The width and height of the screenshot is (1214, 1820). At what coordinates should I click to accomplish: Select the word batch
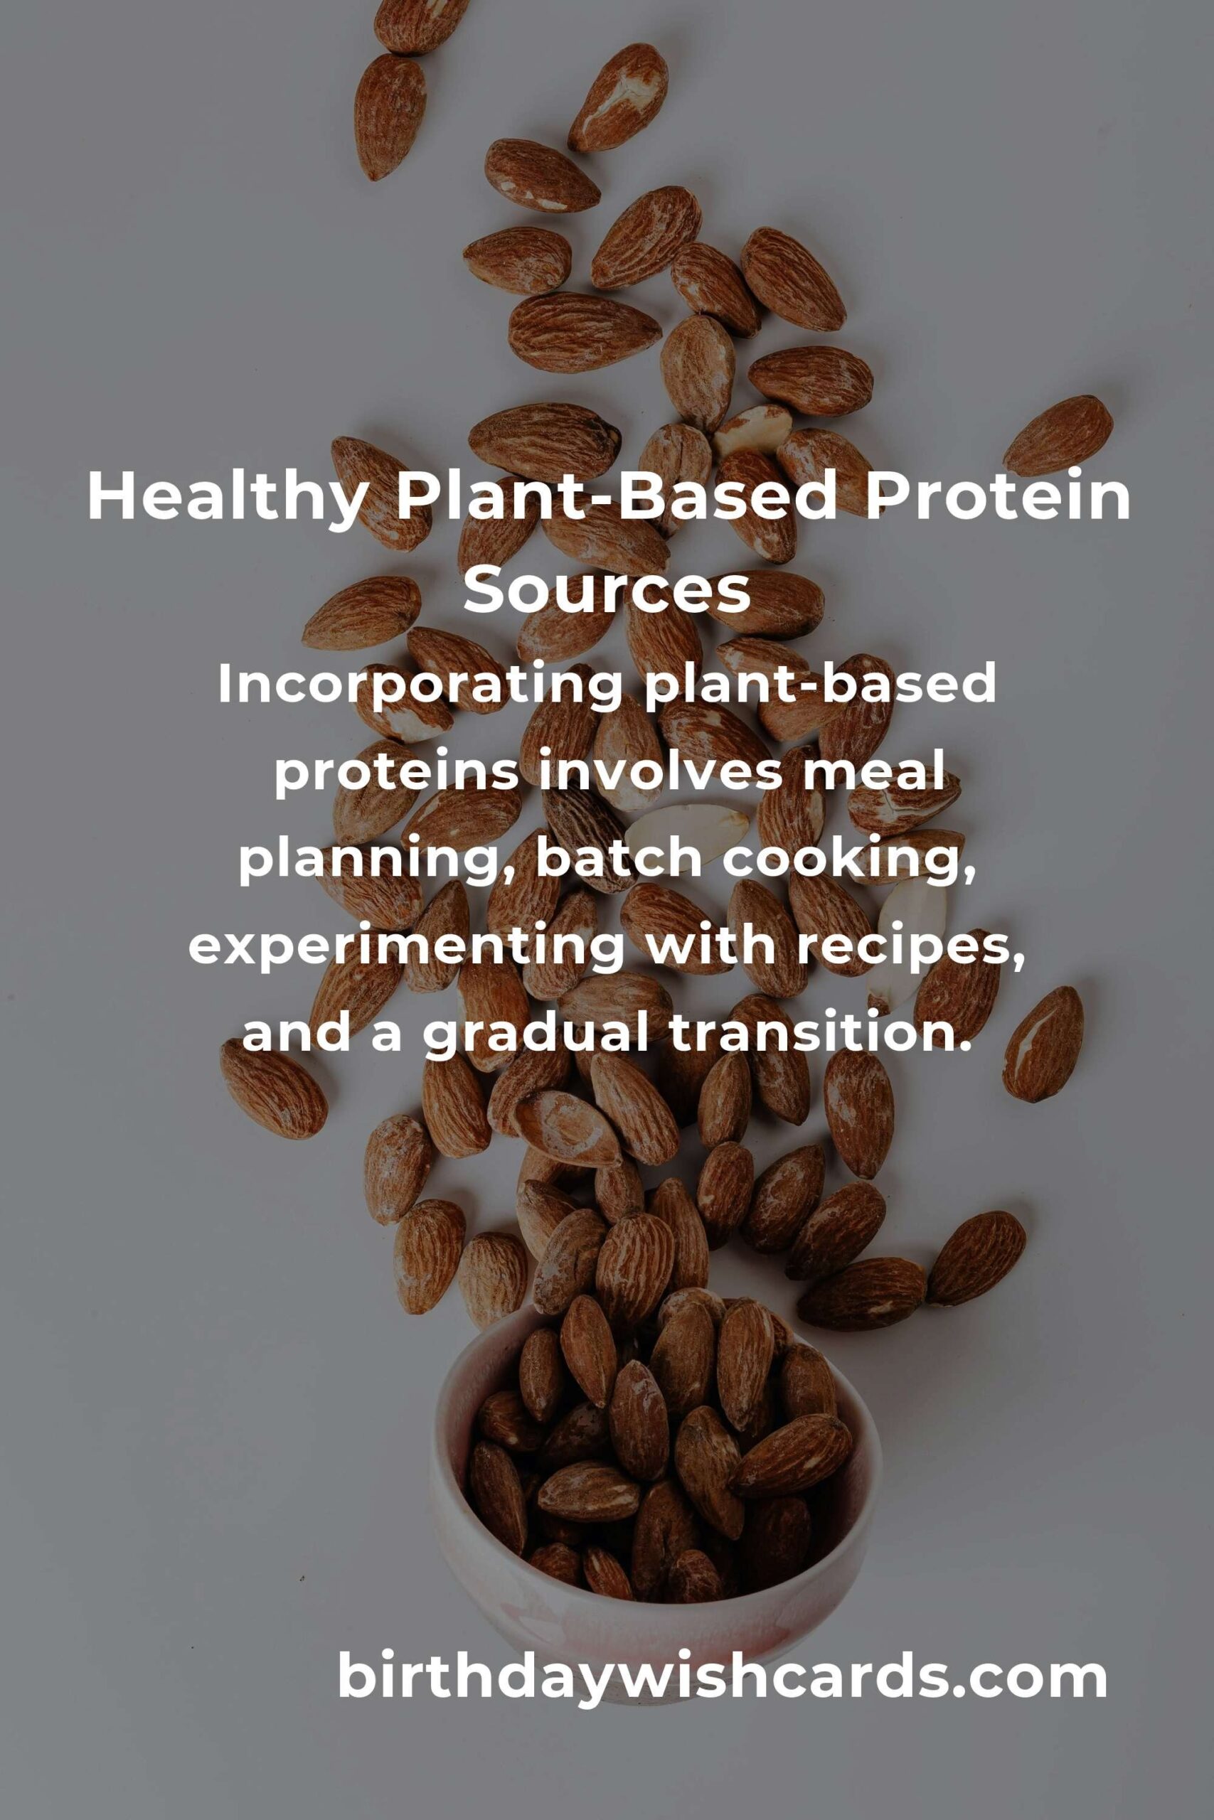tap(618, 858)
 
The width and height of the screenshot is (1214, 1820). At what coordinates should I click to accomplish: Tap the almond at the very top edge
tap(420, 26)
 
